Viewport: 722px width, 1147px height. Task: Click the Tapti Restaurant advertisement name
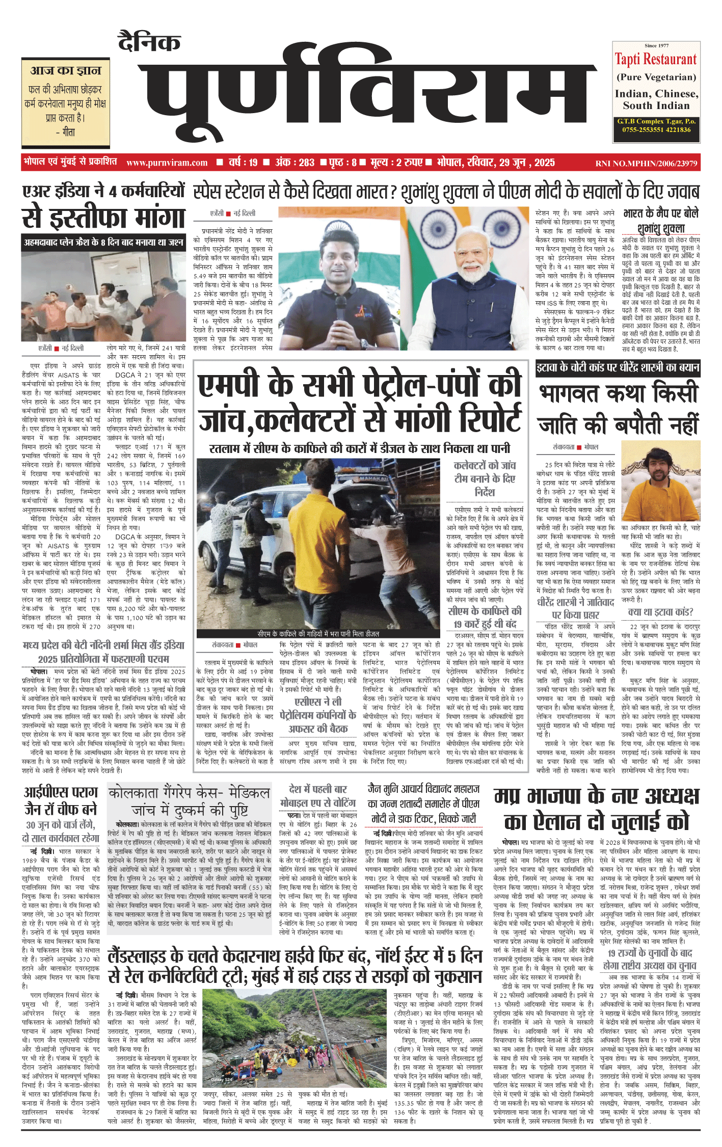[655, 60]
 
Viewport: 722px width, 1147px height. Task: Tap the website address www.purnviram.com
[167, 163]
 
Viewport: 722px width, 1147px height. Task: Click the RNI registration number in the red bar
[646, 163]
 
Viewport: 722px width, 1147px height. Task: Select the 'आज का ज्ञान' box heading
[66, 70]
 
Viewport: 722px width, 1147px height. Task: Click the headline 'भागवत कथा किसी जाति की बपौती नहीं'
[618, 409]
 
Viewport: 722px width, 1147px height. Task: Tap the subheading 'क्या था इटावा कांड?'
[660, 611]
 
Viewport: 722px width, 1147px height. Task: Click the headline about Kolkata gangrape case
[189, 801]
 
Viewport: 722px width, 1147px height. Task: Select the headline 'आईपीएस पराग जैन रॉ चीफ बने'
[61, 801]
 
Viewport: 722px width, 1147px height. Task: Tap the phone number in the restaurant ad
[656, 129]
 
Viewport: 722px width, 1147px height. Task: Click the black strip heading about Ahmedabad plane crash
[103, 242]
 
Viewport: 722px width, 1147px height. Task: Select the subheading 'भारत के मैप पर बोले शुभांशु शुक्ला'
[661, 220]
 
